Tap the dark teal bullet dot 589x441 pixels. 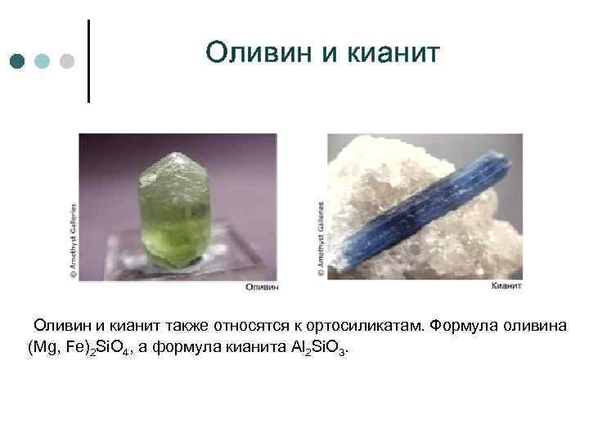coord(18,61)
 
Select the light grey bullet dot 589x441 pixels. coord(67,61)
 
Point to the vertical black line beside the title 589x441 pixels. coord(88,61)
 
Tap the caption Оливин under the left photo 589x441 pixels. coord(262,287)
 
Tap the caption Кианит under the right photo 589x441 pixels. coord(507,287)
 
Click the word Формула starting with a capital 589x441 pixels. coord(462,326)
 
